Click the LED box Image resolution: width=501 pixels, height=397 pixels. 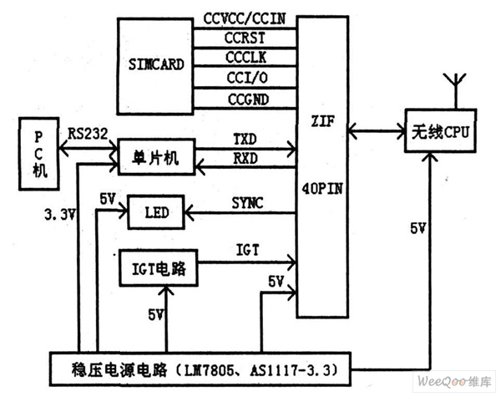coord(155,214)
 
